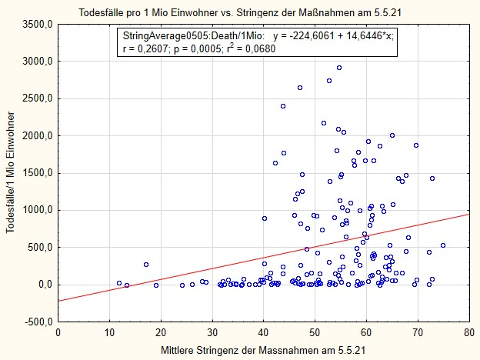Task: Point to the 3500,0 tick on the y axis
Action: [36, 25]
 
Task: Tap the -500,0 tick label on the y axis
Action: [36, 322]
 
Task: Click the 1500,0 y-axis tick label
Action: [36, 173]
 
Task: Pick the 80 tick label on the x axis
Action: [468, 333]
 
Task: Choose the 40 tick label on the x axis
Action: [263, 333]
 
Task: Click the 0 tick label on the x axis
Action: [58, 333]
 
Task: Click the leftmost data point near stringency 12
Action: [119, 283]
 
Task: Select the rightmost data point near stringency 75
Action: [443, 245]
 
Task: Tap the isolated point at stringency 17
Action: [146, 265]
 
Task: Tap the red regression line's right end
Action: [468, 214]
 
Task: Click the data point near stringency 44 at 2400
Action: [283, 106]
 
